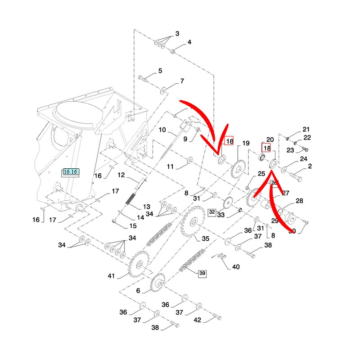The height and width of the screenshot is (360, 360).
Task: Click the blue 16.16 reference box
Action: point(71,171)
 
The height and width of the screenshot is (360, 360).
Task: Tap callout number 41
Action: point(111,276)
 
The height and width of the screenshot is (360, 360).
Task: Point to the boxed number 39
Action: point(202,273)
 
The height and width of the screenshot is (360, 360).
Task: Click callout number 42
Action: point(197,320)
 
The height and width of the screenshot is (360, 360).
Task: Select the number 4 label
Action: point(189,42)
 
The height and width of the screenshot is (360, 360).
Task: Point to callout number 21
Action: point(306,129)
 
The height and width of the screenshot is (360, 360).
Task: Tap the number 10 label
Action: point(162,130)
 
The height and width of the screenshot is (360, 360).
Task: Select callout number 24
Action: point(303,159)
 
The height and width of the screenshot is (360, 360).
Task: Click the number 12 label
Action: point(121,175)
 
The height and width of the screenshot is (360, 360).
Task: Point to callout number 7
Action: point(182,81)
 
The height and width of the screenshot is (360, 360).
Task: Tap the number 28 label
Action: point(299,201)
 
